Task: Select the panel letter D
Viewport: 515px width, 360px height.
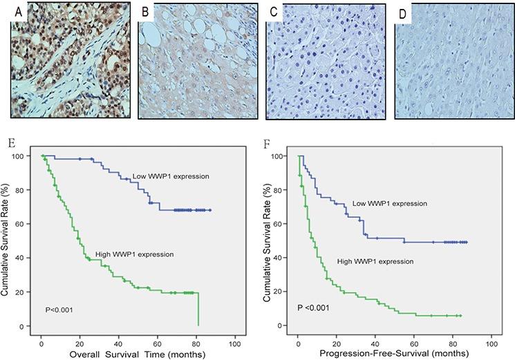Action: [404, 12]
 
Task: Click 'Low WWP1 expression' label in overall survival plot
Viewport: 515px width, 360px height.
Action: [171, 176]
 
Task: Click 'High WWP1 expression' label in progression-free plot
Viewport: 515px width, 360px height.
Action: [375, 261]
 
